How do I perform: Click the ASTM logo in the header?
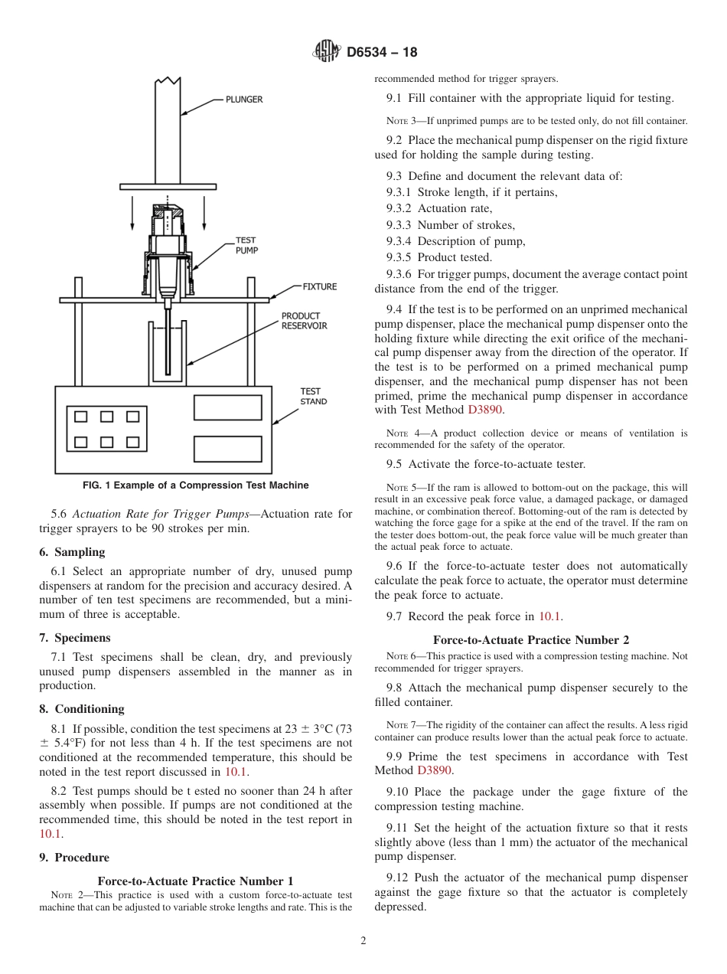click(x=327, y=52)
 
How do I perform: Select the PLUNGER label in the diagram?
click(x=243, y=99)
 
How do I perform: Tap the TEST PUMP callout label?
click(x=246, y=245)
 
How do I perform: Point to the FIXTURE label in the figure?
click(x=319, y=286)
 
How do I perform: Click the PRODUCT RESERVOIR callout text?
click(x=304, y=321)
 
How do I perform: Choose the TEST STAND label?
click(x=313, y=396)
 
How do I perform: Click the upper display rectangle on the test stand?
click(x=227, y=407)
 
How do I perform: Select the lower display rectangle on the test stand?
click(x=227, y=448)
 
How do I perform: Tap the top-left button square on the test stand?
click(x=81, y=417)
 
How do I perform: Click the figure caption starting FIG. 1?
click(x=195, y=485)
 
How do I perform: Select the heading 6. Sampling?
click(x=72, y=552)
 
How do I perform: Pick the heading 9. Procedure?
click(x=74, y=858)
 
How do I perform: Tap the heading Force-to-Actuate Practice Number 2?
click(x=530, y=640)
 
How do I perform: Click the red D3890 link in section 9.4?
click(x=484, y=410)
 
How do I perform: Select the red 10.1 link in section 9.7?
click(x=549, y=616)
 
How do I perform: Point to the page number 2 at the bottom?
click(x=363, y=941)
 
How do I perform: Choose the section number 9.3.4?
click(x=400, y=241)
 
